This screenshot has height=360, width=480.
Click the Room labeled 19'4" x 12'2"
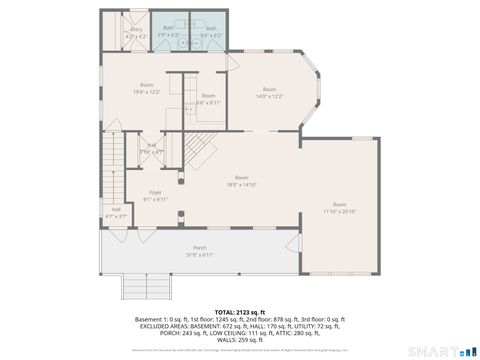[x=146, y=88]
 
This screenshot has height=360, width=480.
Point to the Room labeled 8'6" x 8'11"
[x=208, y=98]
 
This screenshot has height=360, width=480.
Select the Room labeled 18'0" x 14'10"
[x=241, y=181]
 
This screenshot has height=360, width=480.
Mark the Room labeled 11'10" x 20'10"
[x=339, y=208]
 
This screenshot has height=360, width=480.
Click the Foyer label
[x=155, y=195]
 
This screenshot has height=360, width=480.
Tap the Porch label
[x=199, y=250]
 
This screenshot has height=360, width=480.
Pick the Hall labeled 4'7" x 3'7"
[x=116, y=212]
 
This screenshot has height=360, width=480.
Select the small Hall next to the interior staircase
[x=152, y=148]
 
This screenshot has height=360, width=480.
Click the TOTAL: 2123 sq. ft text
[x=239, y=312]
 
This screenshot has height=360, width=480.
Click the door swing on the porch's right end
[x=291, y=247]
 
